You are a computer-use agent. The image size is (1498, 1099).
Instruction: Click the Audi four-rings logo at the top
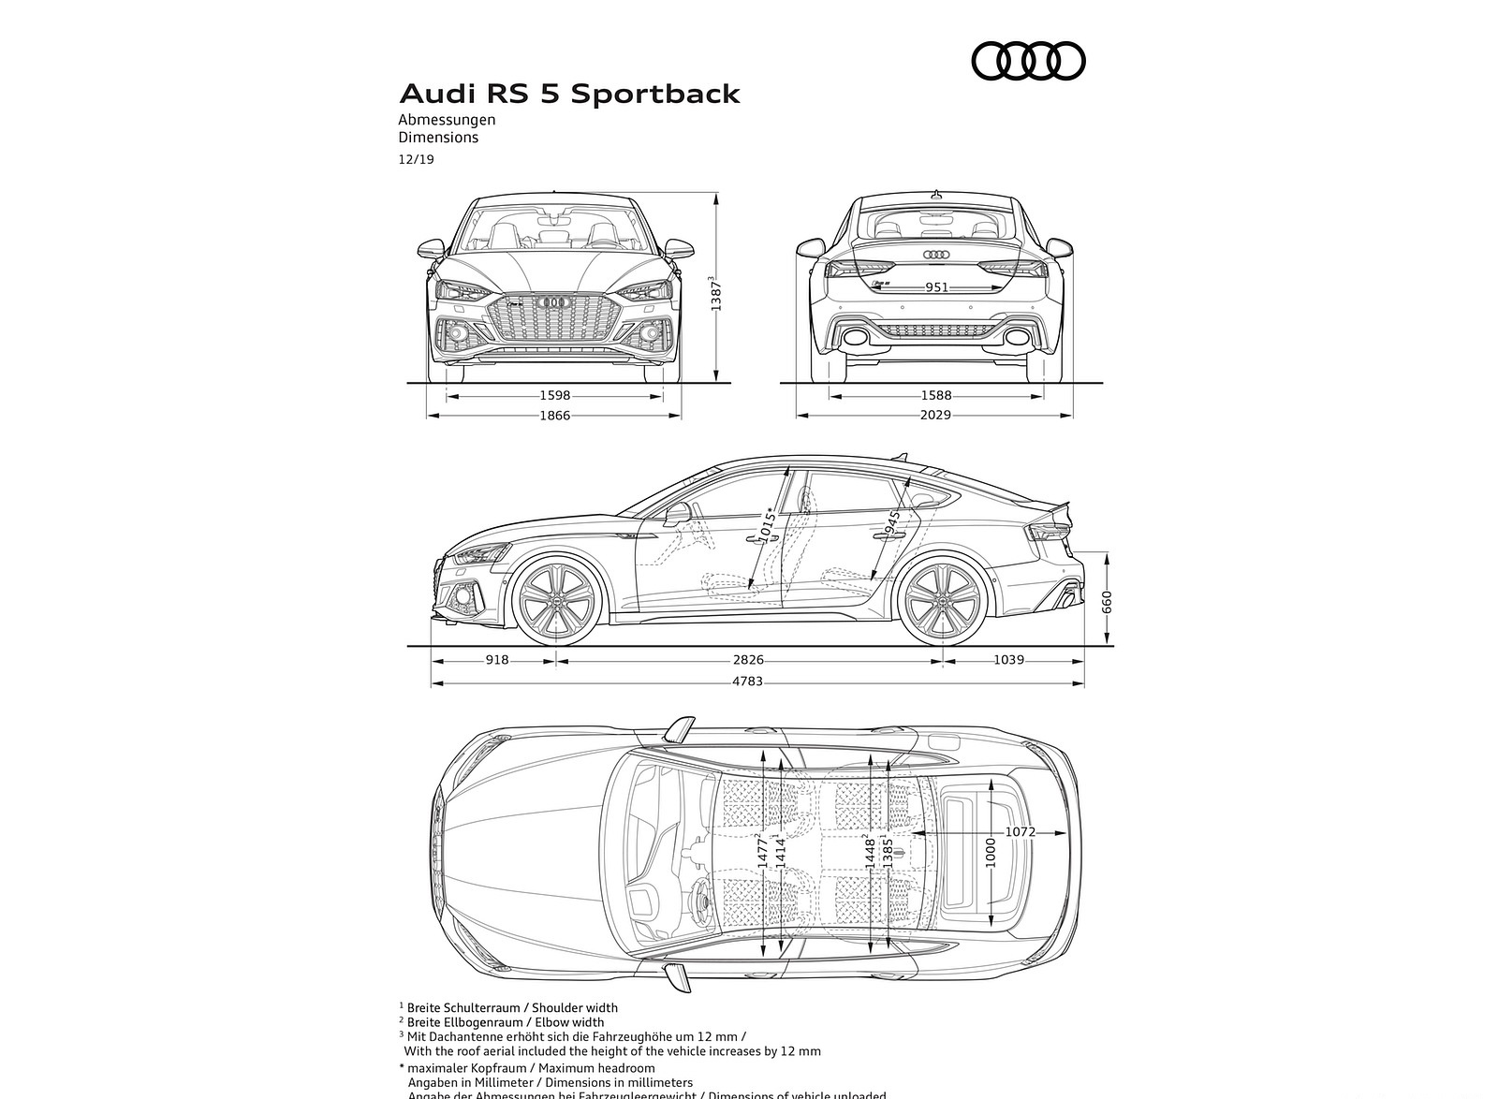[1028, 62]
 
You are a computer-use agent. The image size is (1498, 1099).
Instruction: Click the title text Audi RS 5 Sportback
[569, 95]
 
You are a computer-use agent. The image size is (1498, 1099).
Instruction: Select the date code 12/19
[416, 159]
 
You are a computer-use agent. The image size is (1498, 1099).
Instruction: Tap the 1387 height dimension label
[716, 294]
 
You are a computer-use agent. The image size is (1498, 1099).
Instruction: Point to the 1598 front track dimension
[554, 396]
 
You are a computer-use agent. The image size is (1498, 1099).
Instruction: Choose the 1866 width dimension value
[554, 415]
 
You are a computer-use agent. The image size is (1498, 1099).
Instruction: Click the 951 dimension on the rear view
[936, 287]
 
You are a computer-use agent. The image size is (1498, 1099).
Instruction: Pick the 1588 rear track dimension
[935, 396]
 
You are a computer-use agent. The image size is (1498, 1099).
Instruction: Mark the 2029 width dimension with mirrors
[935, 415]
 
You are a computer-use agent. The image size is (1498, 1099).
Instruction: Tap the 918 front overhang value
[497, 660]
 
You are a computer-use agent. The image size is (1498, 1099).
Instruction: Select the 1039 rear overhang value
[1008, 660]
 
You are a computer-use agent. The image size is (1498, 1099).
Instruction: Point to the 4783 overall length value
[747, 681]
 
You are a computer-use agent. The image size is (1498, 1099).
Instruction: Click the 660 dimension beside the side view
[1107, 601]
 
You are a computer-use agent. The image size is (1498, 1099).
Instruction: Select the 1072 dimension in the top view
[1021, 831]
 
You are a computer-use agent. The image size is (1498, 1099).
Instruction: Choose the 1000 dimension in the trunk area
[991, 852]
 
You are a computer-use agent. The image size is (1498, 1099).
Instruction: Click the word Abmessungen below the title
[447, 120]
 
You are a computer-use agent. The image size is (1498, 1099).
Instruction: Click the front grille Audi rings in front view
[554, 301]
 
